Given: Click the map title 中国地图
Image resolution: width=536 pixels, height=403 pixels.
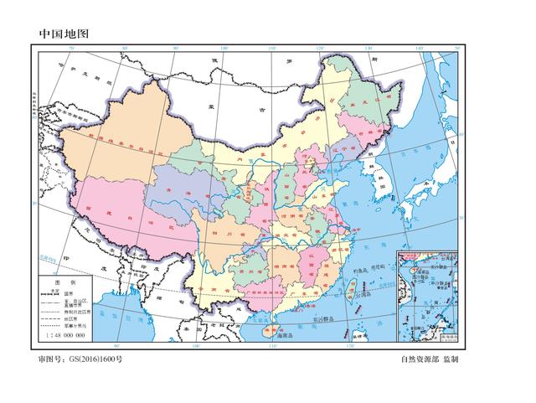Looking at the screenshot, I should (x=63, y=34).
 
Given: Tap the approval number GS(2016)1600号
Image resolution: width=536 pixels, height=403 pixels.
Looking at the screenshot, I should (x=80, y=359).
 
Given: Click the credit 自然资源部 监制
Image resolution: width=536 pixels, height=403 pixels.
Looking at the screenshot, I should (x=430, y=359).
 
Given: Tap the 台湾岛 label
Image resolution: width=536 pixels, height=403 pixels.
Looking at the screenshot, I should (x=363, y=295).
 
